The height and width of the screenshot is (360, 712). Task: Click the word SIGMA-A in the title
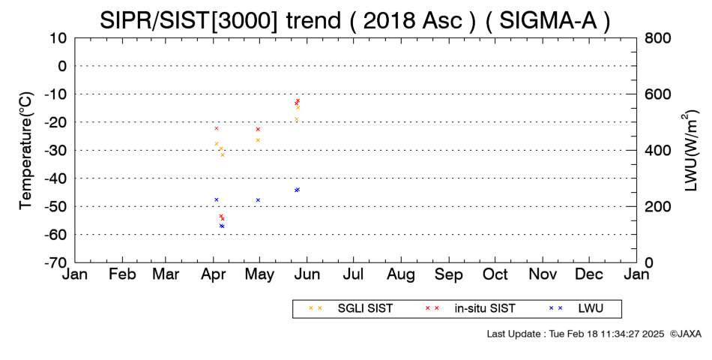pyautogui.click(x=548, y=20)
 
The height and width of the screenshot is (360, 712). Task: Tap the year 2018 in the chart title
pyautogui.click(x=389, y=20)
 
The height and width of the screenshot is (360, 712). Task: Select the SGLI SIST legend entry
pyautogui.click(x=365, y=308)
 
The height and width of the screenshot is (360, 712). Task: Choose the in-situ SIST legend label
pyautogui.click(x=485, y=308)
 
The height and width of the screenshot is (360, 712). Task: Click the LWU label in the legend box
pyautogui.click(x=591, y=308)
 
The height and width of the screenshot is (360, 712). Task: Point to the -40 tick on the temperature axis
pyautogui.click(x=55, y=178)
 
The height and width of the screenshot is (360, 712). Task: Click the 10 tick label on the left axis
pyautogui.click(x=58, y=38)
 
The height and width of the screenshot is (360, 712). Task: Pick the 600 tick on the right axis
pyautogui.click(x=657, y=94)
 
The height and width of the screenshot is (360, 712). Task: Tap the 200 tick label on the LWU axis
pyautogui.click(x=657, y=207)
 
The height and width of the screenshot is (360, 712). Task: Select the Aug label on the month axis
pyautogui.click(x=401, y=275)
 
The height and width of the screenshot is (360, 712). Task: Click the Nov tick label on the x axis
pyautogui.click(x=543, y=274)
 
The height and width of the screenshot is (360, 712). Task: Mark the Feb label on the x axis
pyautogui.click(x=122, y=274)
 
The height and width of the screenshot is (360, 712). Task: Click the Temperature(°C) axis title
pyautogui.click(x=26, y=151)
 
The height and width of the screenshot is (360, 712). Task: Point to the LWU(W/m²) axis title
pyautogui.click(x=690, y=151)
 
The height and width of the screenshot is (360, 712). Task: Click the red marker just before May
pyautogui.click(x=258, y=130)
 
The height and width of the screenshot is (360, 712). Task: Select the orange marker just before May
pyautogui.click(x=258, y=140)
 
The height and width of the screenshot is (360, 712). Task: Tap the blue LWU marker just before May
pyautogui.click(x=258, y=200)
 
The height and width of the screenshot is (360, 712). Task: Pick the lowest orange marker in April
pyautogui.click(x=223, y=155)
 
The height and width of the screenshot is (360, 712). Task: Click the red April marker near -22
pyautogui.click(x=216, y=129)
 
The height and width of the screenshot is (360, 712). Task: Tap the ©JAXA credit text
pyautogui.click(x=686, y=334)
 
